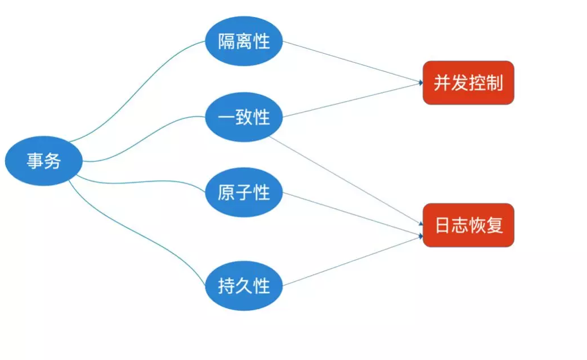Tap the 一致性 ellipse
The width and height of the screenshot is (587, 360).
244,118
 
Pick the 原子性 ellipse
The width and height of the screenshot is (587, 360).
244,193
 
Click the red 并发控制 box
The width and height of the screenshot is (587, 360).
468,83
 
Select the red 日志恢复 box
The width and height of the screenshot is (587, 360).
468,225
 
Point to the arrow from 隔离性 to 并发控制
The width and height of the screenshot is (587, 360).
351,62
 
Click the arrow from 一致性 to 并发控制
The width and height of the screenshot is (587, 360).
351,101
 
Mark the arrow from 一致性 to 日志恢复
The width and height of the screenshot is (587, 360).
345,179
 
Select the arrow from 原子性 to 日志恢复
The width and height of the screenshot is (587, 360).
351,212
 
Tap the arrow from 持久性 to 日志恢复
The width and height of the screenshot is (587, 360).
351,261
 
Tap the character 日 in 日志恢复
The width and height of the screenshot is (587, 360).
443,225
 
